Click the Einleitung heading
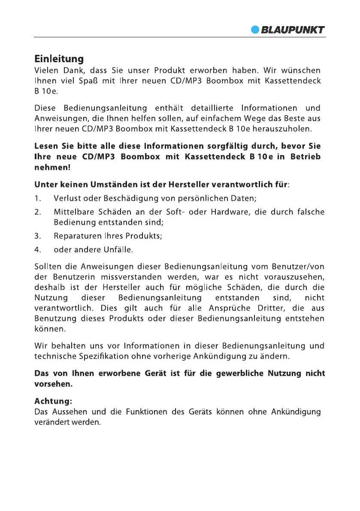point(59,59)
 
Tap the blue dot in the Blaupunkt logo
point(256,30)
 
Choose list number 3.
point(38,236)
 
